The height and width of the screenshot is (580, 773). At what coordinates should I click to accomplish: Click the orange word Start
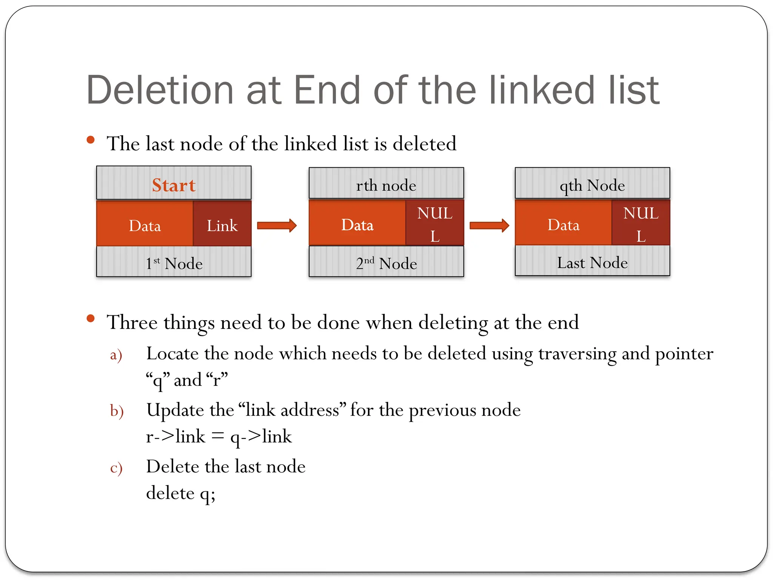point(174,185)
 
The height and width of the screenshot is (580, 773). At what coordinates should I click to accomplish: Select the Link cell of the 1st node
point(222,225)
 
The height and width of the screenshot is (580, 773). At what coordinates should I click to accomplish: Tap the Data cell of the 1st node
point(145,225)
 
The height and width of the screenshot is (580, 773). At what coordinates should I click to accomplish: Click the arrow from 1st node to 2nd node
point(277,225)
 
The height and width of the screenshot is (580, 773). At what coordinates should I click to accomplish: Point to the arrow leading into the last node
point(489,225)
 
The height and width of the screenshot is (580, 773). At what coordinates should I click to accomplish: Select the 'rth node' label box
point(386,185)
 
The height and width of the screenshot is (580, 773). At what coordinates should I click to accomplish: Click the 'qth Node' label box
point(592,185)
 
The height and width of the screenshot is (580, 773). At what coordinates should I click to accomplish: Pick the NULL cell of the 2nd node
point(435,224)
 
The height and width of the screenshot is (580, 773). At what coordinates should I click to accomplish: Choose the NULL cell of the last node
point(641,224)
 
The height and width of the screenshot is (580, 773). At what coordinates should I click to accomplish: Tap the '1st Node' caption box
point(174,263)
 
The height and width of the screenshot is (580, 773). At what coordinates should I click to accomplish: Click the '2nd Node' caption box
point(386,263)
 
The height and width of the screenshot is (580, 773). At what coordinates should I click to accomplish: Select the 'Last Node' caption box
point(592,262)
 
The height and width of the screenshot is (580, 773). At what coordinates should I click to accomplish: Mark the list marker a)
point(116,355)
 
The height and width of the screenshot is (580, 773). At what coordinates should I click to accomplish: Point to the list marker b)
point(117,411)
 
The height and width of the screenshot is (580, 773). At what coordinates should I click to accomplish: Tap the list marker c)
point(116,468)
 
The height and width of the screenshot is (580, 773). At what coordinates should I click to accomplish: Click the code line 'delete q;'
point(180,493)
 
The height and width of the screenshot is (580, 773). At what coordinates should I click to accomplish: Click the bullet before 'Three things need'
point(91,319)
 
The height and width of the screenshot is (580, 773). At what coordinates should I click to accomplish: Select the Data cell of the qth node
point(563,225)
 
